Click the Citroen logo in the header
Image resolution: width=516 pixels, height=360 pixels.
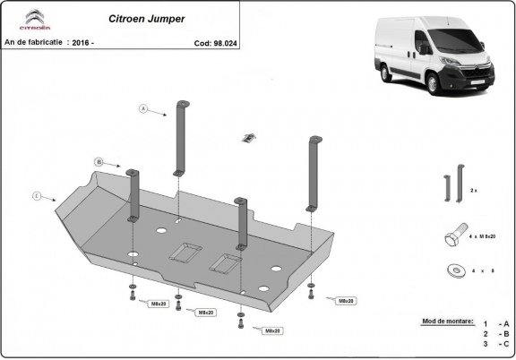tap(33, 21)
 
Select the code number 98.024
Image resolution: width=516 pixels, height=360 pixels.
tap(226, 42)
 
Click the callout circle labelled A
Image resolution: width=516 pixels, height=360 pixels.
tap(143, 108)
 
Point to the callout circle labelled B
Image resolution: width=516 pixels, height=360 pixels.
tap(98, 162)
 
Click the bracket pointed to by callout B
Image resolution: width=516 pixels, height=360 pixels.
tap(133, 193)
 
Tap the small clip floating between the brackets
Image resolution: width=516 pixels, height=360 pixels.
tap(248, 138)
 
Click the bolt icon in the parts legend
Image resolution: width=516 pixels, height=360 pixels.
tap(452, 236)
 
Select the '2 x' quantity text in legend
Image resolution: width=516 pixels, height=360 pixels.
tap(474, 192)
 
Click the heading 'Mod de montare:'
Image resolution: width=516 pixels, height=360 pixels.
tap(445, 321)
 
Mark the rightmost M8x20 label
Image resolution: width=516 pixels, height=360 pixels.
tap(345, 302)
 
